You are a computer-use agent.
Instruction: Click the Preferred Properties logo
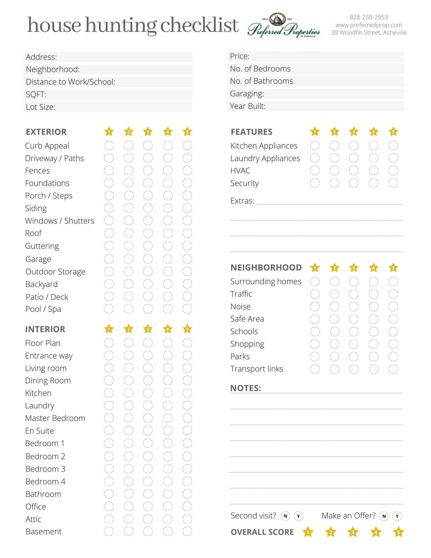pyautogui.click(x=284, y=26)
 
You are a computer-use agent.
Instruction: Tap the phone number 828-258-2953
pyautogui.click(x=369, y=17)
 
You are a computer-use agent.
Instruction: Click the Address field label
pyautogui.click(x=41, y=57)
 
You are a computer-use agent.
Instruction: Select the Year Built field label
pyautogui.click(x=248, y=106)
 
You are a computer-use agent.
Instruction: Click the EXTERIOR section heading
pyautogui.click(x=46, y=132)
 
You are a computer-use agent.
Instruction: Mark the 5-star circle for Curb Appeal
pyautogui.click(x=187, y=145)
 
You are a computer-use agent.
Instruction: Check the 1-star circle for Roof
pyautogui.click(x=109, y=233)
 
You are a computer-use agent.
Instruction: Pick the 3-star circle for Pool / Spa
pyautogui.click(x=148, y=309)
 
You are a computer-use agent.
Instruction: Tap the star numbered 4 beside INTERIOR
pyautogui.click(x=168, y=329)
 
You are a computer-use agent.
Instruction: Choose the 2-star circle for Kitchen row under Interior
pyautogui.click(x=129, y=393)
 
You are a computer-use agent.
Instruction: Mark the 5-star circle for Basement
pyautogui.click(x=187, y=531)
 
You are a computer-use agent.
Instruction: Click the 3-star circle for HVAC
pyautogui.click(x=354, y=171)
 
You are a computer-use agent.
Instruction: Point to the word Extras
pyautogui.click(x=242, y=201)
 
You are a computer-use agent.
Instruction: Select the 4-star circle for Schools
pyautogui.click(x=374, y=332)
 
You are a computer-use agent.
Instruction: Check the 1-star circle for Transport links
pyautogui.click(x=315, y=369)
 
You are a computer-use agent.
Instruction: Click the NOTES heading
pyautogui.click(x=245, y=388)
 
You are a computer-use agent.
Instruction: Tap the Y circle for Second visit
pyautogui.click(x=298, y=516)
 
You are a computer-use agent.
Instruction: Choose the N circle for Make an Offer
pyautogui.click(x=384, y=516)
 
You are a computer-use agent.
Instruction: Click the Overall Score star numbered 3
pyautogui.click(x=353, y=532)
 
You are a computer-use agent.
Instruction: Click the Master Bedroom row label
pyautogui.click(x=55, y=418)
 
